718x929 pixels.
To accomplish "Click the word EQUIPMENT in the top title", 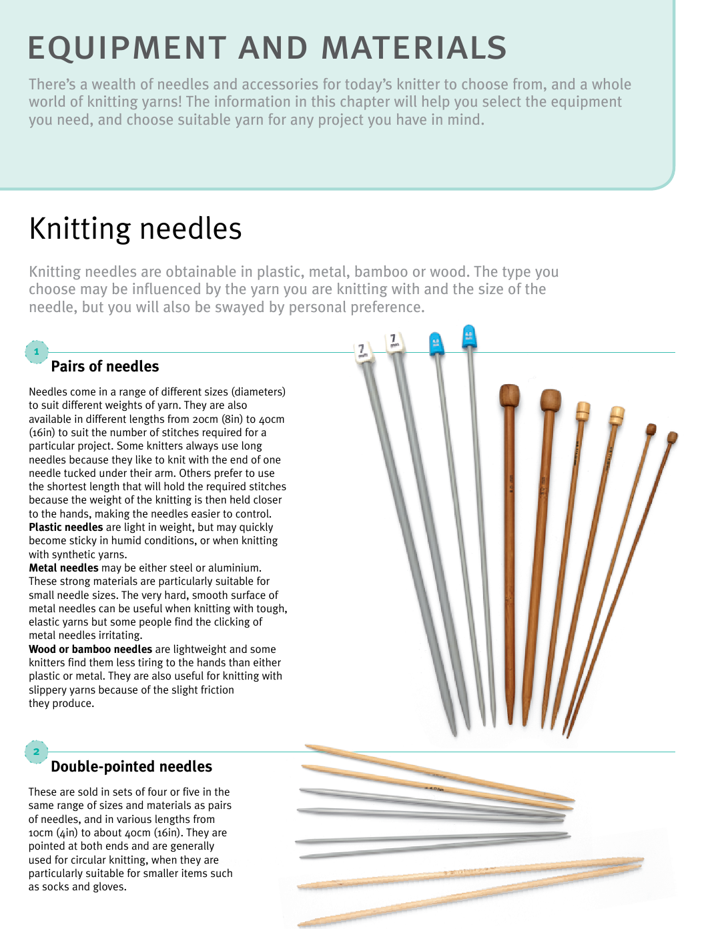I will click(x=127, y=49).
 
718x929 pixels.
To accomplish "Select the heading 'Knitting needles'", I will click(x=135, y=229).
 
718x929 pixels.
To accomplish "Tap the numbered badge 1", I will click(x=37, y=351).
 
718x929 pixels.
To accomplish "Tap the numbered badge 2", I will click(x=37, y=752).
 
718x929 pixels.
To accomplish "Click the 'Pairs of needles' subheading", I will click(x=105, y=366).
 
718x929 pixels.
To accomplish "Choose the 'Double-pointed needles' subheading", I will click(x=131, y=766).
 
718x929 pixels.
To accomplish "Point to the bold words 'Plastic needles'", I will click(x=65, y=527).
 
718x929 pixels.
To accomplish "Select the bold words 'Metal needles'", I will click(x=63, y=568).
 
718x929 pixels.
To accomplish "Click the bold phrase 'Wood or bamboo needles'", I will click(x=90, y=649).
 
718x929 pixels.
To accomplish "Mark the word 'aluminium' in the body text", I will click(x=236, y=568).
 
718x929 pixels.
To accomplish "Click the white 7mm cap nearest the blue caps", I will click(x=393, y=341).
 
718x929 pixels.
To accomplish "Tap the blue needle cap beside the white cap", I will click(x=436, y=343).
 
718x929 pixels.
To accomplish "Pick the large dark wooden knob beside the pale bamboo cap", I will click(x=551, y=400).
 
